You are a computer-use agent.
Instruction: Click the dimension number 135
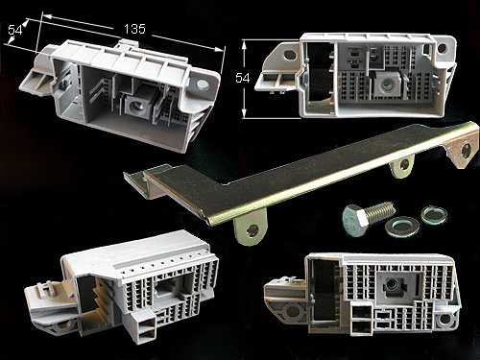pos(134,29)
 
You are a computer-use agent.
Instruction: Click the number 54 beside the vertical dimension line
pos(242,78)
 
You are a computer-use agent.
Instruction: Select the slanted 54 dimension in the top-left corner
pos(15,30)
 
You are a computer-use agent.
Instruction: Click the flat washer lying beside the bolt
pos(401,227)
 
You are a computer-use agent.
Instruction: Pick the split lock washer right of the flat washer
pos(434,215)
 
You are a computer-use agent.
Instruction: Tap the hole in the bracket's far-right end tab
pos(467,151)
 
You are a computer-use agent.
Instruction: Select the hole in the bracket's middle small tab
pos(404,164)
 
